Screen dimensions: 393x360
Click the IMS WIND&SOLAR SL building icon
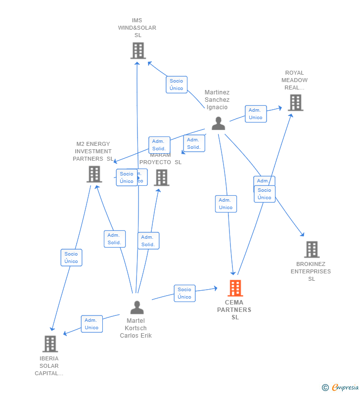[138, 50]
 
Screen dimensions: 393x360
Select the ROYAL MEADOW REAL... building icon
[295, 102]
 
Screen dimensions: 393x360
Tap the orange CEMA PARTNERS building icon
[235, 288]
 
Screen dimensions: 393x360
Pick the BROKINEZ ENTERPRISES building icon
[312, 250]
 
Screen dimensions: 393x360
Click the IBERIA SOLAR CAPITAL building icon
[50, 344]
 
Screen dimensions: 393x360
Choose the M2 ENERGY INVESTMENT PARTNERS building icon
[94, 174]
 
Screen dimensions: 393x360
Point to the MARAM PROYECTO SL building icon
[161, 177]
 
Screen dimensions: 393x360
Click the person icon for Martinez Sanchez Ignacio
[218, 124]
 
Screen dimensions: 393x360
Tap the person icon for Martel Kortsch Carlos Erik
[137, 307]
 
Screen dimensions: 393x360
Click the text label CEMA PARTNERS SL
[234, 310]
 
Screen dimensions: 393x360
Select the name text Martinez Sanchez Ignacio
[217, 100]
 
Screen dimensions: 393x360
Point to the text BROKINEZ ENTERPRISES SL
[311, 271]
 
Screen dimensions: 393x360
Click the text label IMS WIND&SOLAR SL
[137, 28]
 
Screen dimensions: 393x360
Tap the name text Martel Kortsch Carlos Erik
[136, 328]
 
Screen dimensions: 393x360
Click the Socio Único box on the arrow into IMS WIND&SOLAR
[177, 85]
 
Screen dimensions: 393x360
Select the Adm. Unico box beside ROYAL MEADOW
[256, 114]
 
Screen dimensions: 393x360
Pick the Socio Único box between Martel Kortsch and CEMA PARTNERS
[184, 293]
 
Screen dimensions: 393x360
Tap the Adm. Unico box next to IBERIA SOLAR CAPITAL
[92, 324]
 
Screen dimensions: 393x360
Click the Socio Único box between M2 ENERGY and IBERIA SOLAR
[71, 258]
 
